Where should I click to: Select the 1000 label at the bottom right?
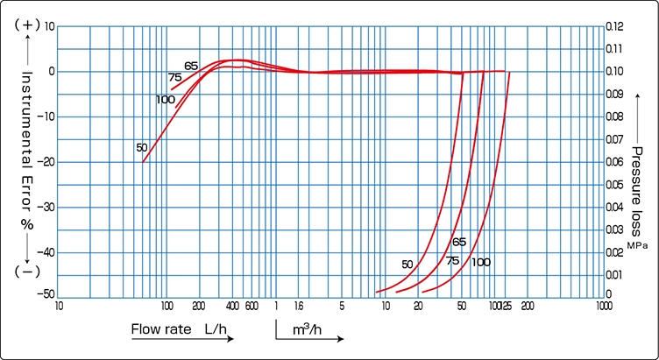603,307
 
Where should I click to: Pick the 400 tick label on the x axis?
232,307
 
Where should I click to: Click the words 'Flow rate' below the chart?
161,330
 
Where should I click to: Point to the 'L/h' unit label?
216,330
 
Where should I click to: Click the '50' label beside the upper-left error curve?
142,147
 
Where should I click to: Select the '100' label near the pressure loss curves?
480,263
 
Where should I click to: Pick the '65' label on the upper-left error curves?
191,66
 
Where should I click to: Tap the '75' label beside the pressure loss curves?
452,261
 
